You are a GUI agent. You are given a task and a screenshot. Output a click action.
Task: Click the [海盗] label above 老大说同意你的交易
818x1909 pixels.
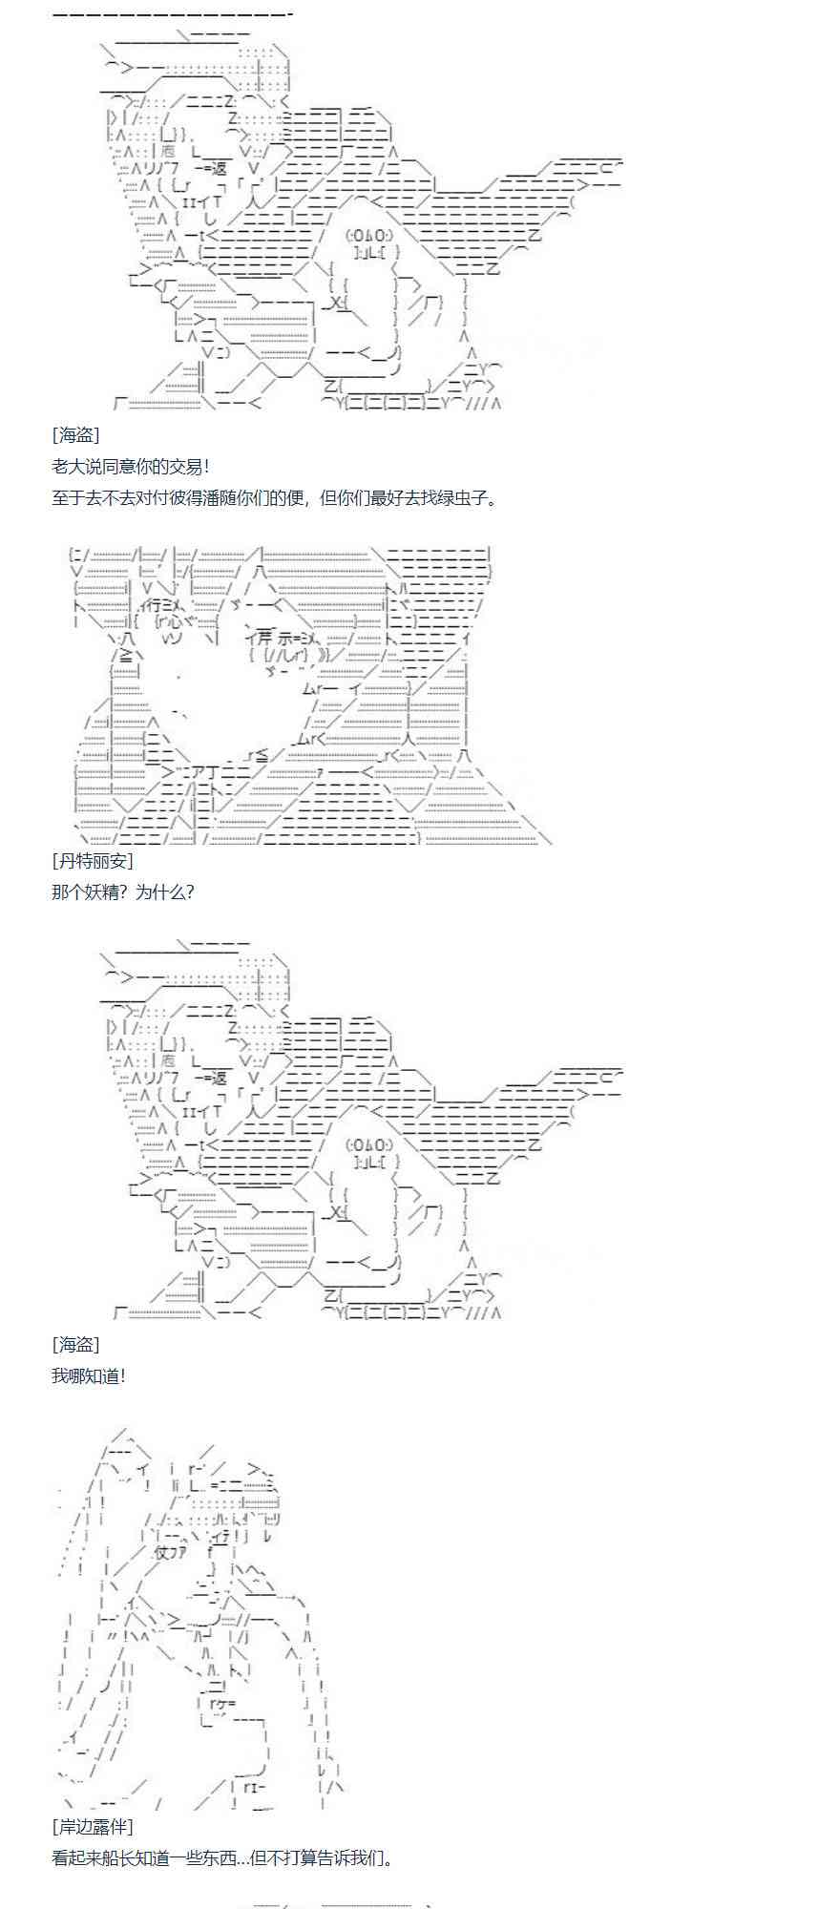coord(75,434)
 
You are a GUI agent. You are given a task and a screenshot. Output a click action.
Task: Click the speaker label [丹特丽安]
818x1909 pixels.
coord(93,860)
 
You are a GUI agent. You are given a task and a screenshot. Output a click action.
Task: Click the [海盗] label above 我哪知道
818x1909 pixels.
coord(75,1344)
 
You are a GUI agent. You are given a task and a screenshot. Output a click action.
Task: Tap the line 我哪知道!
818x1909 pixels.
coord(88,1375)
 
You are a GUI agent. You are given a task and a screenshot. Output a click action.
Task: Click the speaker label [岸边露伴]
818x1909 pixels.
coord(93,1826)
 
